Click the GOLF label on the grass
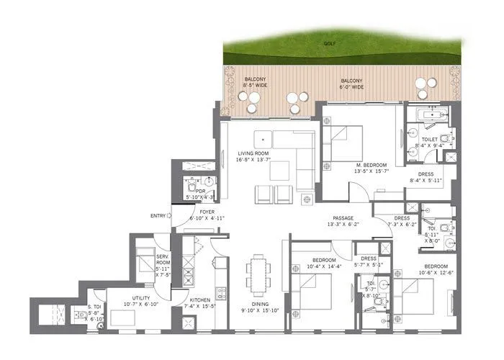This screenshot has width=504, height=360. (330, 45)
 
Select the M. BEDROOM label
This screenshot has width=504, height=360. (371, 168)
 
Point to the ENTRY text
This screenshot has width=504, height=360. (158, 215)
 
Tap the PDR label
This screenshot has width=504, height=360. (190, 192)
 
